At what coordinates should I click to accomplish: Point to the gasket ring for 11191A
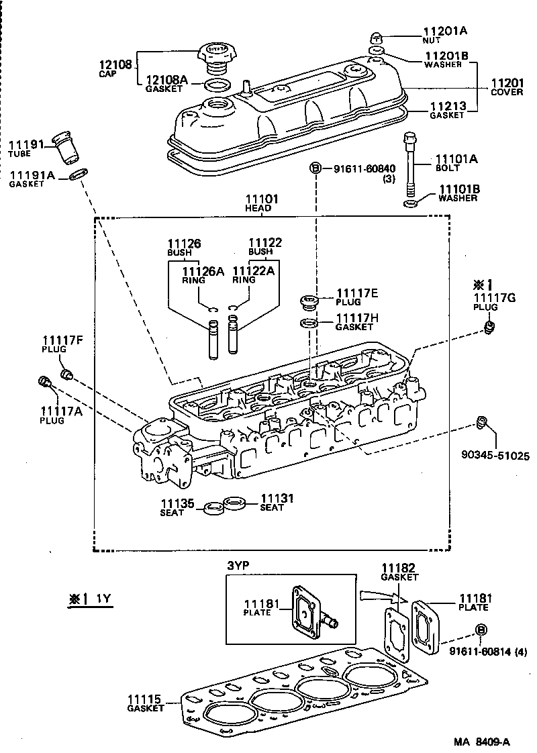(77, 175)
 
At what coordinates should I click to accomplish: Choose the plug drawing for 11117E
(308, 303)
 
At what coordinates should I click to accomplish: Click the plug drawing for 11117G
(490, 327)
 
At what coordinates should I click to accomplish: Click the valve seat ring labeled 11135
(213, 507)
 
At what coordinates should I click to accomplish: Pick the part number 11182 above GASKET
(399, 568)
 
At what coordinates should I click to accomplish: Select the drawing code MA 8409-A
(481, 742)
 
